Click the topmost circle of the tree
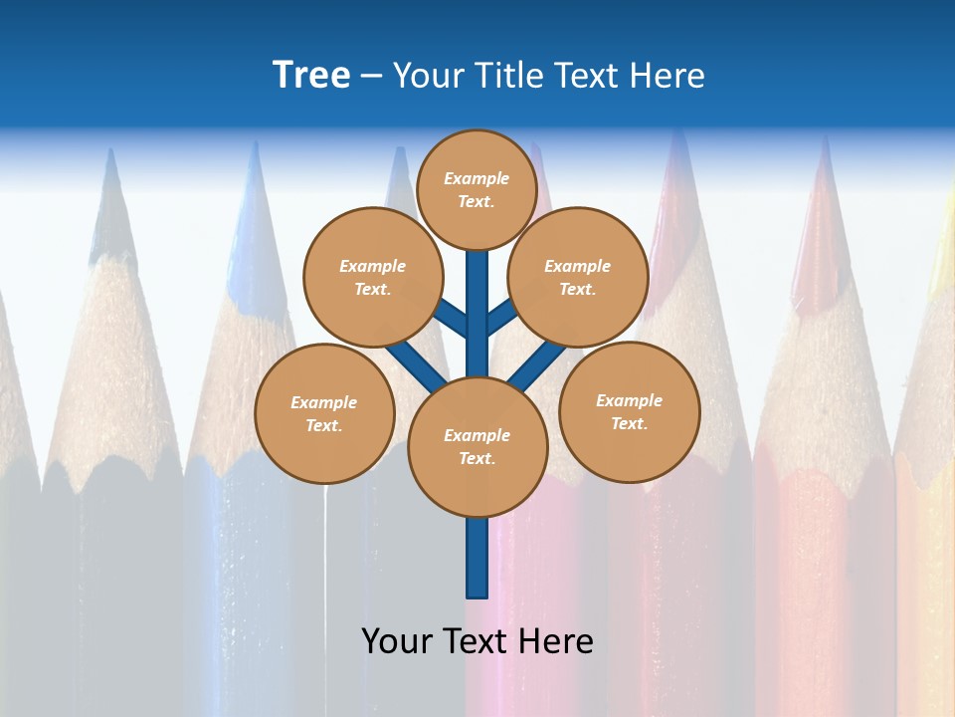(477, 189)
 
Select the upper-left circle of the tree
(373, 277)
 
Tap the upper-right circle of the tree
(578, 277)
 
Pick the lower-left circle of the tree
(324, 413)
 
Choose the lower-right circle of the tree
(630, 411)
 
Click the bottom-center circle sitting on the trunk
(477, 446)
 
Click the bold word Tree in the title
(311, 75)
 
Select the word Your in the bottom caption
(397, 640)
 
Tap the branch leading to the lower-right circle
(538, 363)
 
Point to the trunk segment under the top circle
(477, 299)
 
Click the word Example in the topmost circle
(477, 178)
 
